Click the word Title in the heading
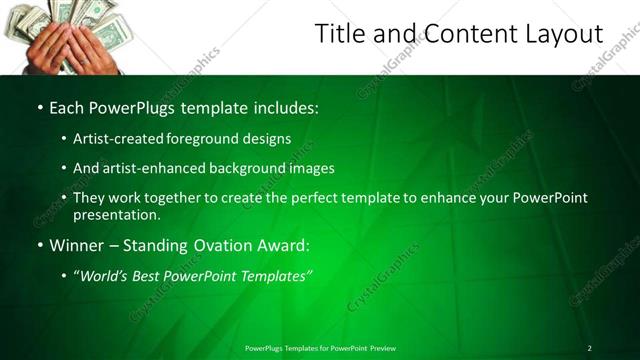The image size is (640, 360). coord(339,34)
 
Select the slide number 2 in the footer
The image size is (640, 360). coord(589,347)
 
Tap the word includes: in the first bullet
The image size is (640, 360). coord(289,105)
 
